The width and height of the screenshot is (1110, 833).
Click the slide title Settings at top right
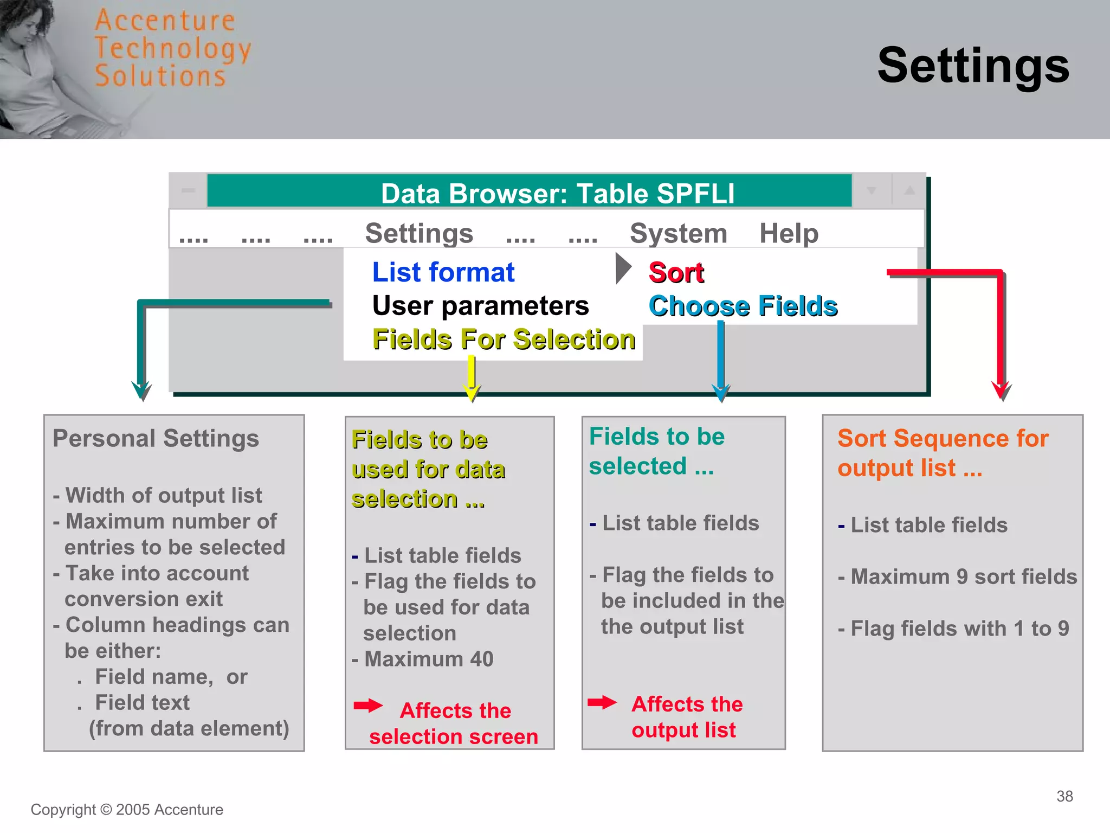(973, 66)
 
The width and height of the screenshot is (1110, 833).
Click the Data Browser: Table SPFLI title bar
(557, 193)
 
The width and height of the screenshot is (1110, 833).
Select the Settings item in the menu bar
(419, 233)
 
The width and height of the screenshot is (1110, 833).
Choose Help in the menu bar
(789, 233)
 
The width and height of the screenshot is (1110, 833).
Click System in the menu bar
(678, 233)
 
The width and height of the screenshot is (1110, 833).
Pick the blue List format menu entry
(443, 272)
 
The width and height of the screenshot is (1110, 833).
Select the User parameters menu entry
(480, 306)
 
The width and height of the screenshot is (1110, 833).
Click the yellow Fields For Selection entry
(504, 339)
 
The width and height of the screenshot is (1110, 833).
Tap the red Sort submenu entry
(676, 272)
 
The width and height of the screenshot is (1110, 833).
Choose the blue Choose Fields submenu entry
(743, 306)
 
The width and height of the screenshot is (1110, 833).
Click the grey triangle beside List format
(623, 268)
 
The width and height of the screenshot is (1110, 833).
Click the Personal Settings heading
(156, 438)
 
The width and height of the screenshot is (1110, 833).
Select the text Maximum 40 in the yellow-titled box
(428, 659)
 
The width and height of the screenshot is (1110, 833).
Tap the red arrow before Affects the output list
(602, 703)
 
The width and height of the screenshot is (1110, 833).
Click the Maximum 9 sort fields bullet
(963, 576)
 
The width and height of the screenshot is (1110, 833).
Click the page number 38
(1064, 796)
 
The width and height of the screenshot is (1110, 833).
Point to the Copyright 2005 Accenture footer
(127, 810)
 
